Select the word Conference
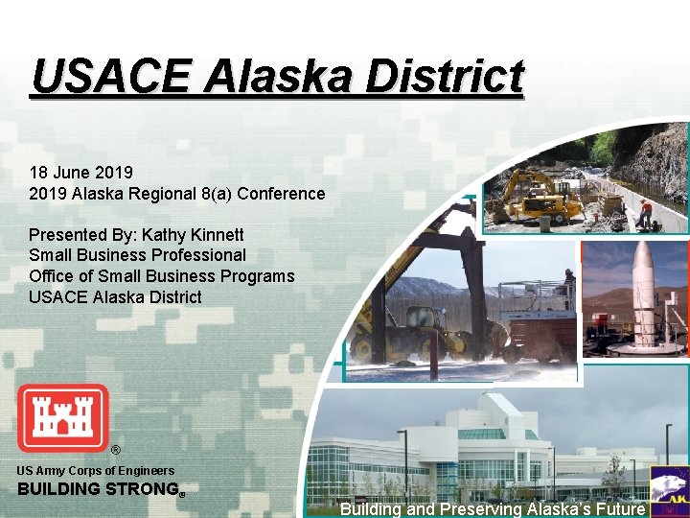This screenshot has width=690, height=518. pyautogui.click(x=281, y=194)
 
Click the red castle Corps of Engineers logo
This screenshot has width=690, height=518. pyautogui.click(x=63, y=418)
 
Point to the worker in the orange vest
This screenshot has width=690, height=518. pyautogui.click(x=647, y=212)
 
